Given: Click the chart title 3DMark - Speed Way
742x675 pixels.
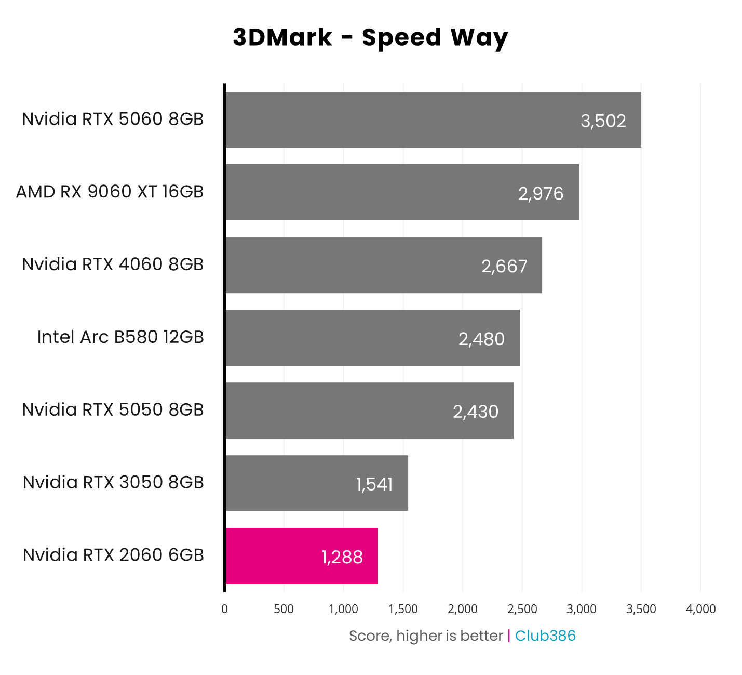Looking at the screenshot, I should (x=370, y=38).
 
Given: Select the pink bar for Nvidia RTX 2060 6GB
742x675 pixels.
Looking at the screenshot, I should (x=301, y=555).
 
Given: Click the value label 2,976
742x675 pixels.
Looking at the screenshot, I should (x=541, y=193).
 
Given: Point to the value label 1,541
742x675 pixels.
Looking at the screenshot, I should (x=374, y=484).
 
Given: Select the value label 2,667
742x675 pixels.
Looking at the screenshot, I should (x=504, y=266).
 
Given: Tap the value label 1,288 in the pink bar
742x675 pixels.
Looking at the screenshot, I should (x=342, y=557).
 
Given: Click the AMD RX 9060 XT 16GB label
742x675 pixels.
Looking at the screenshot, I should (x=110, y=192).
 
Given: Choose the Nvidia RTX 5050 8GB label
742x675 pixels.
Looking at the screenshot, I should (x=113, y=409).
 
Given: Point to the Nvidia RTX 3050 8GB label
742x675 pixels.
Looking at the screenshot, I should (x=113, y=482).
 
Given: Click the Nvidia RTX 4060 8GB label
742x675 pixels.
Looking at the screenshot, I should (x=113, y=264).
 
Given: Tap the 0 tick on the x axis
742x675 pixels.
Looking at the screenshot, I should (x=224, y=609).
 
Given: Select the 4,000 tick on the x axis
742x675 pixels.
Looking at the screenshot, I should (x=700, y=609).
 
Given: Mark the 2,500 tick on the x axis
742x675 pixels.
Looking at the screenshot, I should (x=522, y=609).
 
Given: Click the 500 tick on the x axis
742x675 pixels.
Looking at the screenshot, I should (x=284, y=609).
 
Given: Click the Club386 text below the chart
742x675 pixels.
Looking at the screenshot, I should (x=545, y=636).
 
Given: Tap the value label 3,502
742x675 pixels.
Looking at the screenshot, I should (x=603, y=121).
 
